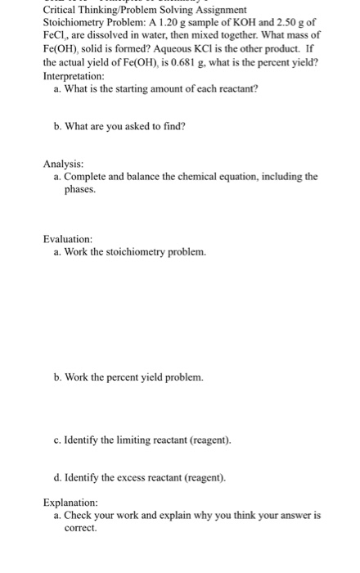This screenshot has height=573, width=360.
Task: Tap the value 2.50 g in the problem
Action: point(288,21)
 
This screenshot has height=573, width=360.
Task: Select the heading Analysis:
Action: point(63,163)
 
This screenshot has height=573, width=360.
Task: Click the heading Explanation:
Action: point(70,502)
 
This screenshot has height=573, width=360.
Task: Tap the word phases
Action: point(81,189)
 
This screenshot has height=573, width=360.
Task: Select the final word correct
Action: point(80,529)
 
